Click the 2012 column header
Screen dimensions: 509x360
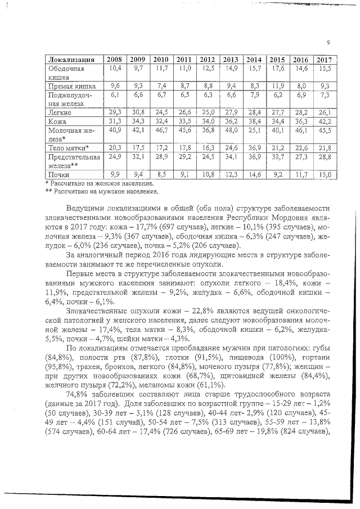click(208, 60)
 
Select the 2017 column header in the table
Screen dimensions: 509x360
click(323, 60)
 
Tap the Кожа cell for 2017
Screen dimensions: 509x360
click(323, 121)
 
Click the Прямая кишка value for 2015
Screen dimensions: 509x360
click(276, 86)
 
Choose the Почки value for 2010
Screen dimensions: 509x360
click(161, 175)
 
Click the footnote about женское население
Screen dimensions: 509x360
click(99, 183)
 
